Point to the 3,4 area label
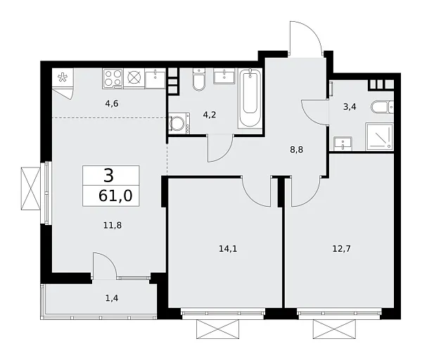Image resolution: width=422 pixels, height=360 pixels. click(x=350, y=107)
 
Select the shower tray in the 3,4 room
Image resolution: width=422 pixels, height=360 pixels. click(x=381, y=135)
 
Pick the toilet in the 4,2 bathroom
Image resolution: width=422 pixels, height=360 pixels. click(x=198, y=83)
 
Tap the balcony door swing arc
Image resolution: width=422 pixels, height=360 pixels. click(x=104, y=266)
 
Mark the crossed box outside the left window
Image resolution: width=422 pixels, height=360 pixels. click(x=31, y=188)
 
